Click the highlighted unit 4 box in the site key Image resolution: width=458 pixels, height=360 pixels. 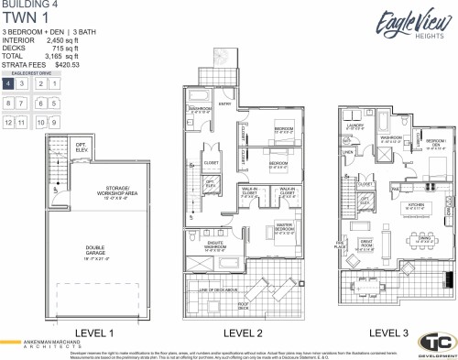(8, 83)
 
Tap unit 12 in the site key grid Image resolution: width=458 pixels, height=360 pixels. (8, 122)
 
